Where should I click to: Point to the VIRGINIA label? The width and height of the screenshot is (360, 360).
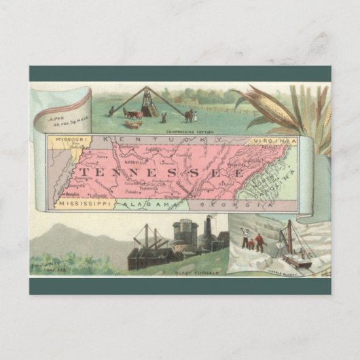pos(275,141)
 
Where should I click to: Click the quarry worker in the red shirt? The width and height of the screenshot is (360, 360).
pos(249,242)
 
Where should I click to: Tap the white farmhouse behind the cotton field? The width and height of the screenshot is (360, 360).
pos(188,100)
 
